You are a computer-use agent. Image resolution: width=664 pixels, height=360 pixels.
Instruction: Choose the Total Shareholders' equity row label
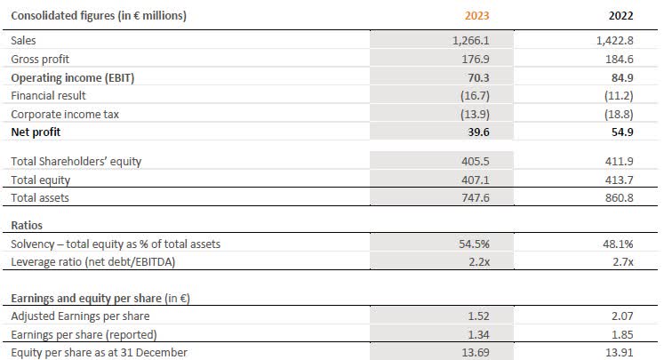pos(75,161)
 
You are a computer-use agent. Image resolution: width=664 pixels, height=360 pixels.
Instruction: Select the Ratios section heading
pos(27,226)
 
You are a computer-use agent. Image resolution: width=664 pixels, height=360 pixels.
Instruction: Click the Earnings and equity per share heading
pos(104,298)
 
